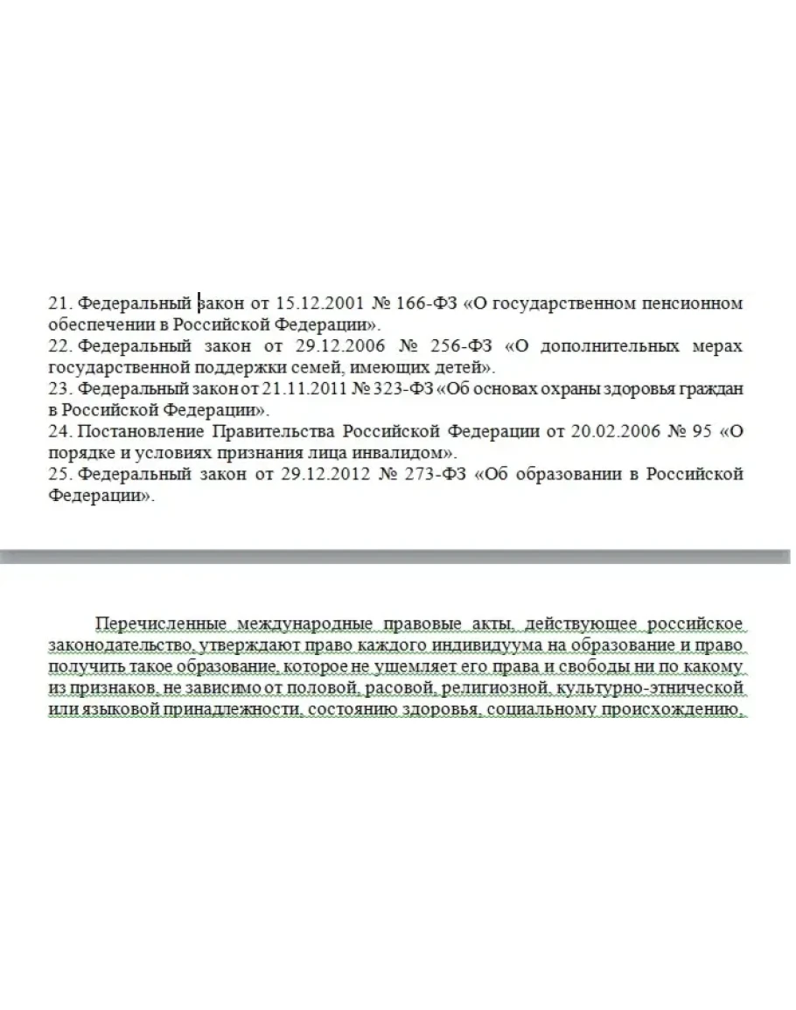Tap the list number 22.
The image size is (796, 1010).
[x=58, y=346]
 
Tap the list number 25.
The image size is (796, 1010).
[x=58, y=475]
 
